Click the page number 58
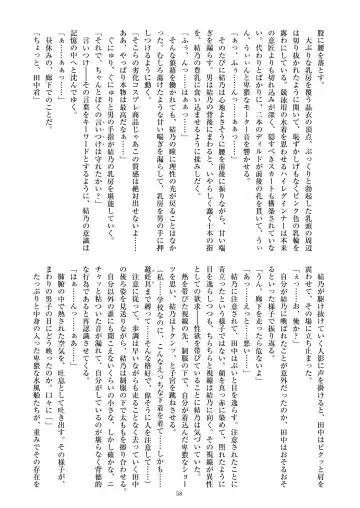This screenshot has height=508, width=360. click(180, 491)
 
